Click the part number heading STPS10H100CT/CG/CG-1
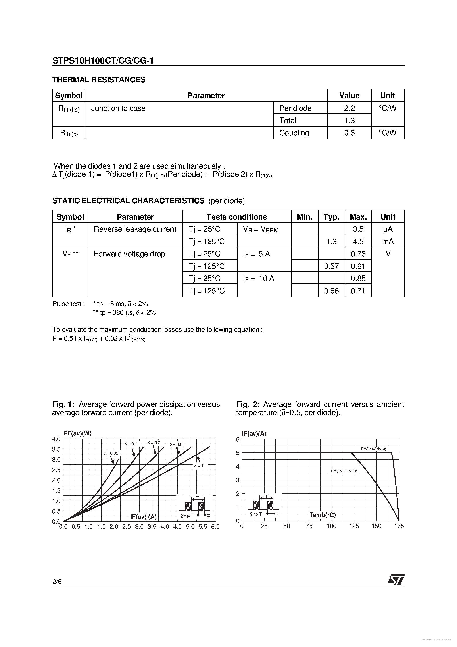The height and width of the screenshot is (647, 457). (x=103, y=61)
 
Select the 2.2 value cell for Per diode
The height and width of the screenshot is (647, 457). (x=349, y=108)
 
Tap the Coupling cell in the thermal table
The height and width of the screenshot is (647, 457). (x=294, y=133)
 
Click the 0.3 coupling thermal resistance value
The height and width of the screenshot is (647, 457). (x=349, y=133)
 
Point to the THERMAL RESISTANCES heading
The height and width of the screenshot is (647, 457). (x=99, y=80)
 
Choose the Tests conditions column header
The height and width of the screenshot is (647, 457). (x=236, y=217)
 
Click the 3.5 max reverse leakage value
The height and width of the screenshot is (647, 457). (x=358, y=229)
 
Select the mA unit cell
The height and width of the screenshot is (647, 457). (x=388, y=241)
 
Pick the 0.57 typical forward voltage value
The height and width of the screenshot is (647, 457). (x=331, y=266)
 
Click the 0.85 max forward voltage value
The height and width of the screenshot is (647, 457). (x=358, y=278)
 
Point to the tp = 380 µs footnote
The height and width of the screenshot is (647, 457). (x=124, y=312)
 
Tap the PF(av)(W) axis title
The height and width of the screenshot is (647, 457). (x=77, y=434)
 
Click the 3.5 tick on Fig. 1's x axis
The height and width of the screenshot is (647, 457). (x=152, y=526)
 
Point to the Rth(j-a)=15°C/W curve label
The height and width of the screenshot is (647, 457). (x=344, y=471)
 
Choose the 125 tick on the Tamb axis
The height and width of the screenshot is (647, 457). (x=354, y=526)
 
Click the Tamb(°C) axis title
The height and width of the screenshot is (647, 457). (x=323, y=515)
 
